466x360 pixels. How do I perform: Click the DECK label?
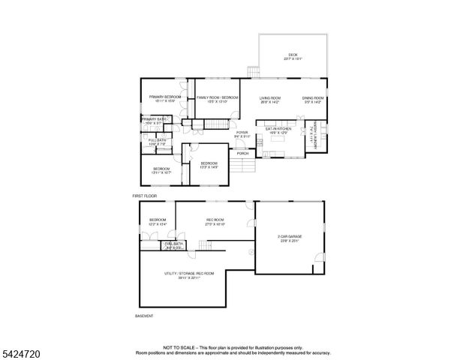(293, 55)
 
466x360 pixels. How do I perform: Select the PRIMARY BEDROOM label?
(164, 97)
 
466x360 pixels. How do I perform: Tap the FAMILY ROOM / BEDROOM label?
(218, 97)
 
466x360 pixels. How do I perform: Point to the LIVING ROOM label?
(270, 98)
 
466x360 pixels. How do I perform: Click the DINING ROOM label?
(313, 98)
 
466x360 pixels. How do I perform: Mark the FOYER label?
(242, 133)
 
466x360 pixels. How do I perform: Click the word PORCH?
(242, 153)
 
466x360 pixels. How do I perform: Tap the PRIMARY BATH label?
(155, 119)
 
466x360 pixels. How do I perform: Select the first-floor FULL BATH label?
(156, 140)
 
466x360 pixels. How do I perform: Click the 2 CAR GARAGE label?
(289, 238)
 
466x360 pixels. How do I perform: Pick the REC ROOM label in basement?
(215, 220)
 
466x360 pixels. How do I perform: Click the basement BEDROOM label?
(157, 220)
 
